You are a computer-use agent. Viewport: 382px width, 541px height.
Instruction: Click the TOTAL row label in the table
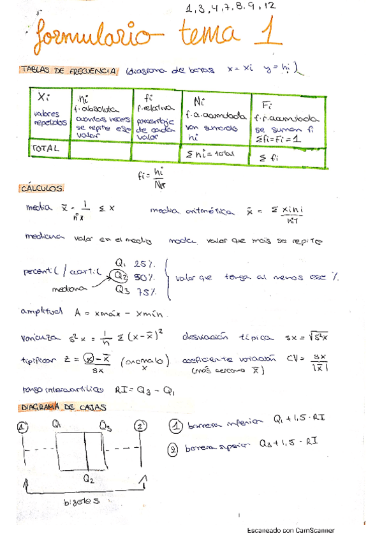tap(45, 148)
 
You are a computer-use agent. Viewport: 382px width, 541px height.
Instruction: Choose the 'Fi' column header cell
tap(262, 103)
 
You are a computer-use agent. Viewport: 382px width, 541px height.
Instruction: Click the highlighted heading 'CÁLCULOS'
tap(41, 189)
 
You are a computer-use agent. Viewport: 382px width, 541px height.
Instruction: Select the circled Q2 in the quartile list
tap(121, 276)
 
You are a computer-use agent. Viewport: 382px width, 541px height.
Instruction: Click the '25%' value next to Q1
tap(145, 264)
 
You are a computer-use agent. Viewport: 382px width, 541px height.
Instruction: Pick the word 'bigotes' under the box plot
tap(83, 502)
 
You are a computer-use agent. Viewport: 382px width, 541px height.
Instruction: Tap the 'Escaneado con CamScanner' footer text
tap(290, 530)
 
